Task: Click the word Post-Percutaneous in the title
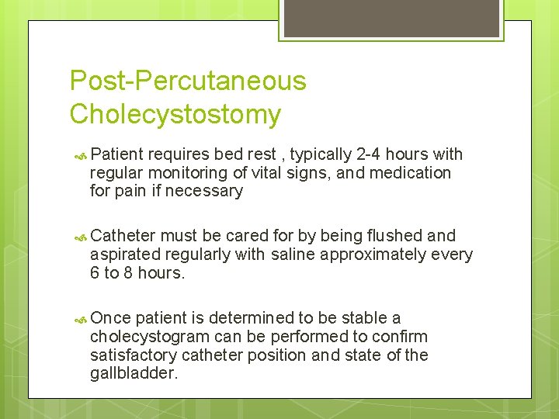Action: click(x=188, y=81)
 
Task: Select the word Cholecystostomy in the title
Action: click(x=175, y=114)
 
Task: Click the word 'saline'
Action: click(x=294, y=255)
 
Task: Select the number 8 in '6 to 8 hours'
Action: click(x=128, y=272)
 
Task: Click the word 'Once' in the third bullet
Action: click(x=110, y=318)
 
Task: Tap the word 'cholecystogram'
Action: click(x=148, y=336)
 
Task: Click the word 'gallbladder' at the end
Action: click(x=134, y=373)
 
